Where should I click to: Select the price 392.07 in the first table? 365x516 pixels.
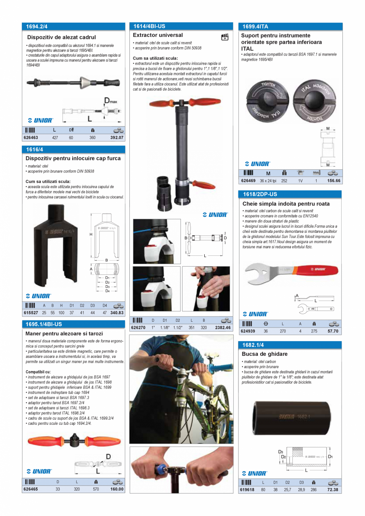click(x=117, y=138)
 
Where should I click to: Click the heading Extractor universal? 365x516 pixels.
click(x=158, y=35)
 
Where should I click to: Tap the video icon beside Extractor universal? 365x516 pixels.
click(x=225, y=37)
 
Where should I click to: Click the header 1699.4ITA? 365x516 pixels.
click(x=255, y=27)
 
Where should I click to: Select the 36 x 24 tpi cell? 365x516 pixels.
click(x=268, y=180)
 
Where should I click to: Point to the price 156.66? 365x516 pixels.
click(x=333, y=180)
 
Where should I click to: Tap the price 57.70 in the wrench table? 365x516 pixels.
click(x=333, y=331)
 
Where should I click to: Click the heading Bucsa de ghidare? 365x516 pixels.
click(x=265, y=354)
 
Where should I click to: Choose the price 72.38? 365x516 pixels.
click(x=333, y=490)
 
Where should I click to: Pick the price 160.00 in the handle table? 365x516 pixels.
click(x=117, y=489)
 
